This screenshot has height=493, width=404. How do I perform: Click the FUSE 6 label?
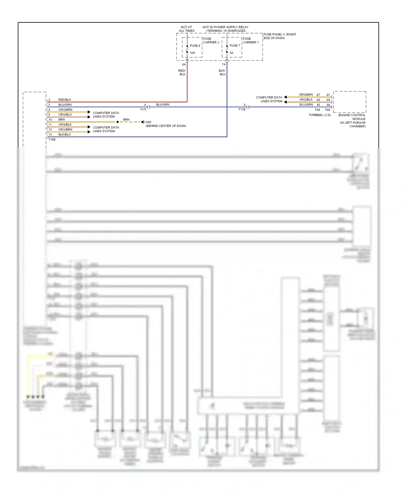(195, 46)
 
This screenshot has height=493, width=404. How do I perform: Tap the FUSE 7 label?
(235, 46)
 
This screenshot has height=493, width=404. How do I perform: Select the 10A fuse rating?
(192, 53)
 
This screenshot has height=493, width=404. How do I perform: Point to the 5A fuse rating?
(231, 53)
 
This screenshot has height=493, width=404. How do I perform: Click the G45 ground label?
(148, 122)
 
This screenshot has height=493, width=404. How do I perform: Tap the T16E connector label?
(52, 139)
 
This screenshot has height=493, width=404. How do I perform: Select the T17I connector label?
(143, 109)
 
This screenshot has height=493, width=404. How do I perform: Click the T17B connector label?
(242, 109)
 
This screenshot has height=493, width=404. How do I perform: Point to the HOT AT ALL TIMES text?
(186, 29)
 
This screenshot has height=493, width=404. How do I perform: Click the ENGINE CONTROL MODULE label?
(352, 117)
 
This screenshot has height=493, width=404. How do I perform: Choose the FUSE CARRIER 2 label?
(211, 40)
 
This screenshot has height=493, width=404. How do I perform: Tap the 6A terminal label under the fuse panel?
(184, 64)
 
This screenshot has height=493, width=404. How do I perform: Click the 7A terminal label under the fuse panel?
(224, 64)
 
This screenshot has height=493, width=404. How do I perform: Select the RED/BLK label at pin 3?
(65, 100)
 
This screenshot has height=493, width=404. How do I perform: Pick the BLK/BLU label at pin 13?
(64, 134)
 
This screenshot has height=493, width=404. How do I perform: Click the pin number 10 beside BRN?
(50, 119)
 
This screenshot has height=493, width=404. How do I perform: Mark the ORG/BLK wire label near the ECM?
(306, 100)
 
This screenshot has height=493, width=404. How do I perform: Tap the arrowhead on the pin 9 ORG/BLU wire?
(89, 117)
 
